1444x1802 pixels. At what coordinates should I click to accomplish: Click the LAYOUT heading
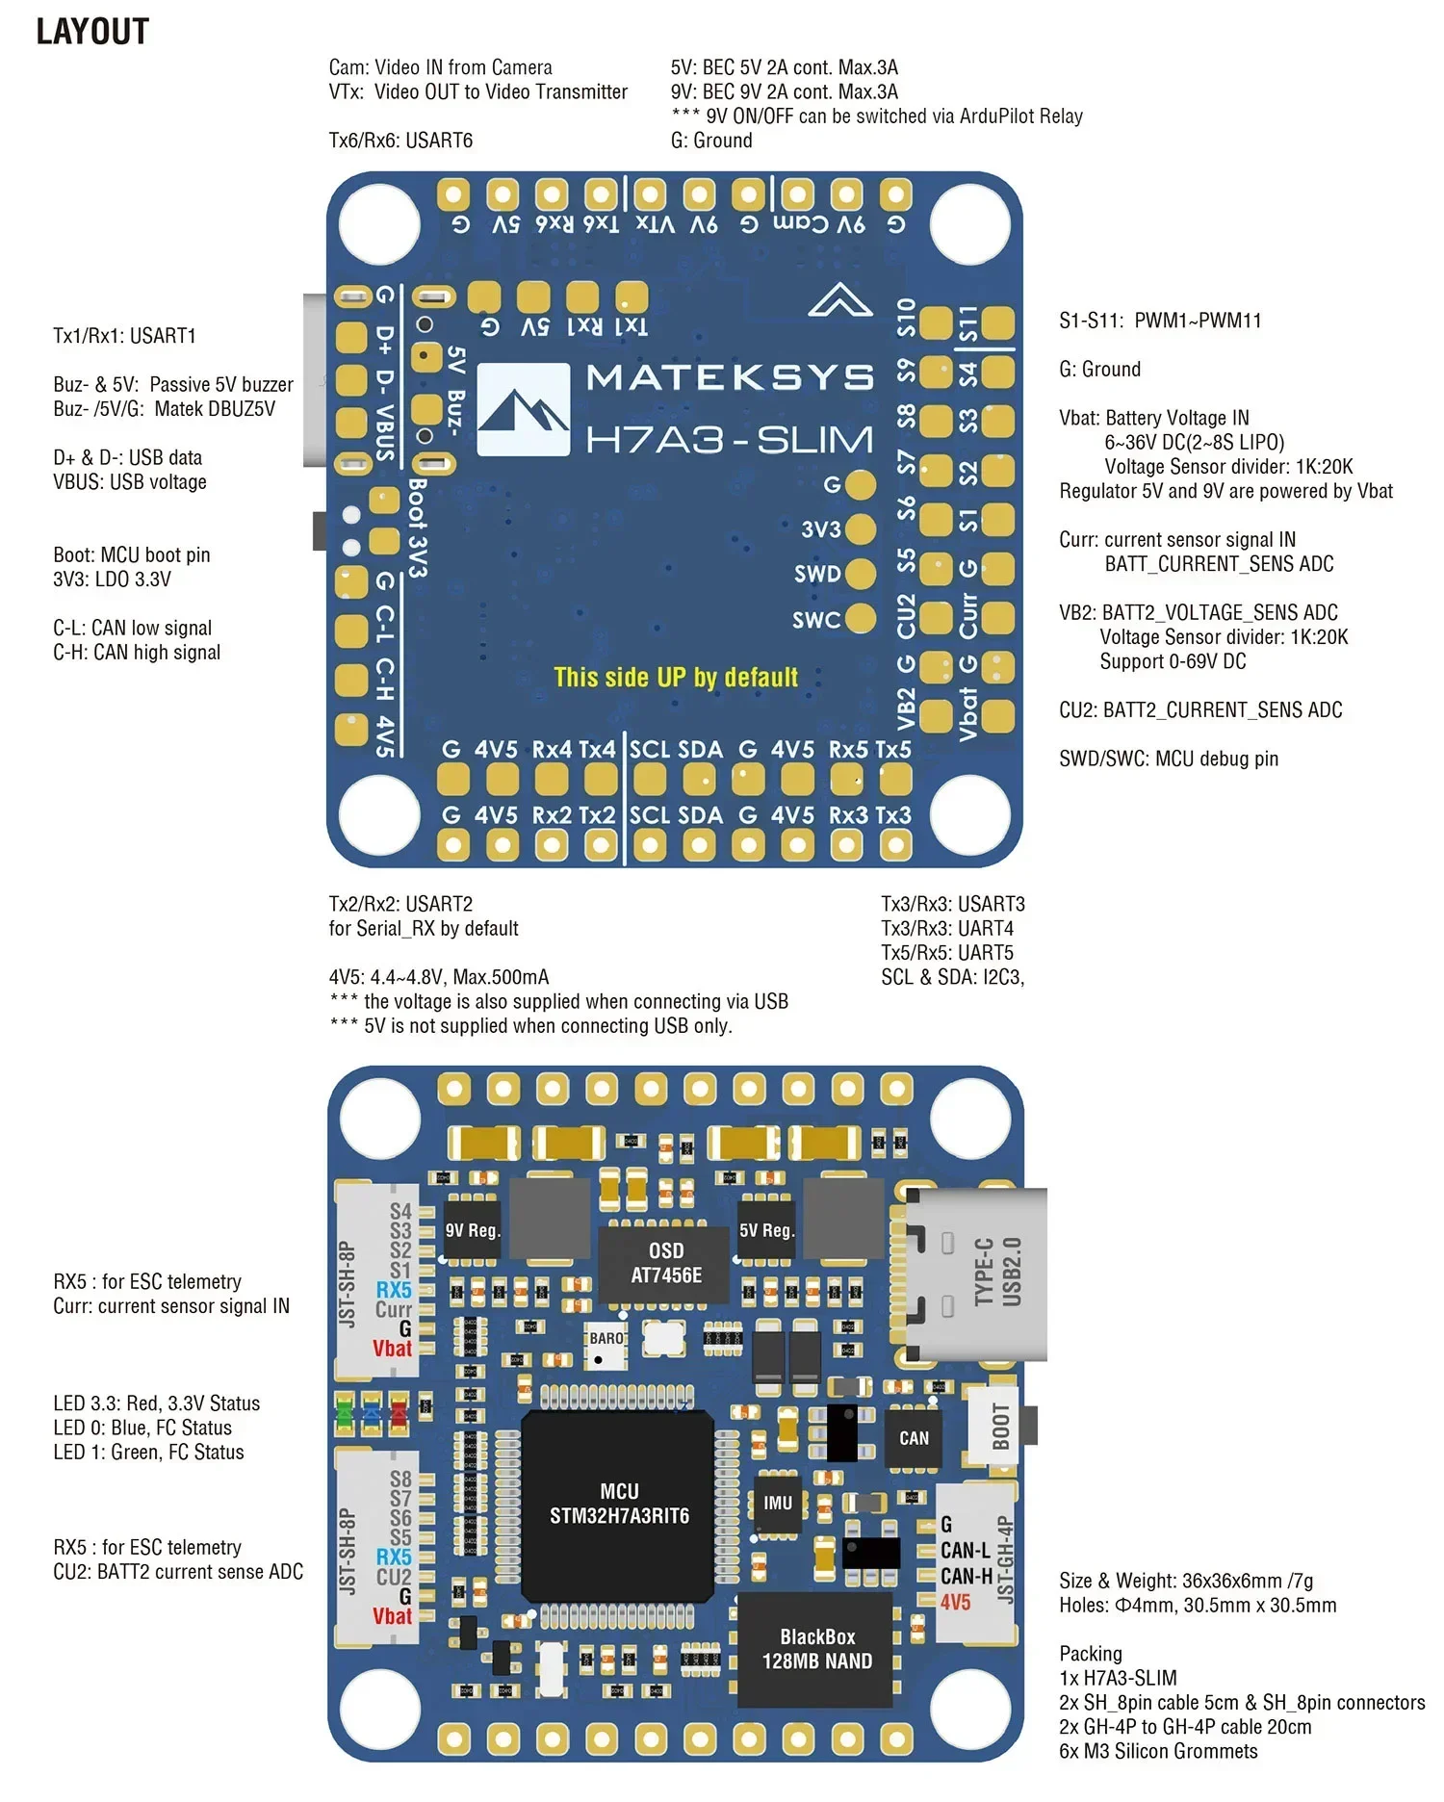92,32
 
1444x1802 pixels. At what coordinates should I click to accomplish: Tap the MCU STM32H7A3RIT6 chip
618,1503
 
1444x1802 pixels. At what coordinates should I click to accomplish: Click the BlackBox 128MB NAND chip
816,1649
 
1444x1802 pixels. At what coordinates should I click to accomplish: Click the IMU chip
778,1503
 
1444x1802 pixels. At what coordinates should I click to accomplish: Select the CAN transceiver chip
913,1438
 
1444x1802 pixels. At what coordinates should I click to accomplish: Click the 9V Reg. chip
472,1230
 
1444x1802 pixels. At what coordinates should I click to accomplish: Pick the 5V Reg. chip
765,1230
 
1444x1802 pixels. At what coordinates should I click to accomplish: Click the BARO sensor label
606,1339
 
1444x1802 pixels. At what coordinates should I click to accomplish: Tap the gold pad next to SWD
860,574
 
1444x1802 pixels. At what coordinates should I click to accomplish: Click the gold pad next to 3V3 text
860,528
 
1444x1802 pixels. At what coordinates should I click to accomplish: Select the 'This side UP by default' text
676,677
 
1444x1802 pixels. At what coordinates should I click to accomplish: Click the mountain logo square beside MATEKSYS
523,409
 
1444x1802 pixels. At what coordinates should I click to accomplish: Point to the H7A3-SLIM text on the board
730,440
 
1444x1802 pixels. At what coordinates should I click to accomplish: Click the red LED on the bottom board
398,1414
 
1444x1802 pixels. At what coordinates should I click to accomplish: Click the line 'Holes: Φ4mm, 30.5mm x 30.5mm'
1197,1606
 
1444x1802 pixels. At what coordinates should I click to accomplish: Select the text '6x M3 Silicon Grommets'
1157,1752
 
